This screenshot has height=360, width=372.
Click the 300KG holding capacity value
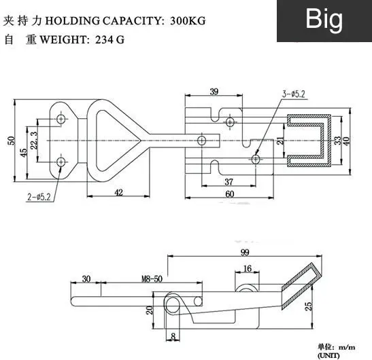pos(188,21)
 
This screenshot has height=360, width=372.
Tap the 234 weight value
pos(104,39)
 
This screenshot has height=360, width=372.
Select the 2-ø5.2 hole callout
pos(39,197)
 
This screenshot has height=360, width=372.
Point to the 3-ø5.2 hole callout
pos(294,94)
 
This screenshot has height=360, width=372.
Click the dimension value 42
pos(118,192)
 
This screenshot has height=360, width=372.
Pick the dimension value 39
pos(214,92)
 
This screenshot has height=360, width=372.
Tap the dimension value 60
pos(230,194)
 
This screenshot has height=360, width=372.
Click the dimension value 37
pos(229,182)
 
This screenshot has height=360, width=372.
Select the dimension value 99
pos(245,253)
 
